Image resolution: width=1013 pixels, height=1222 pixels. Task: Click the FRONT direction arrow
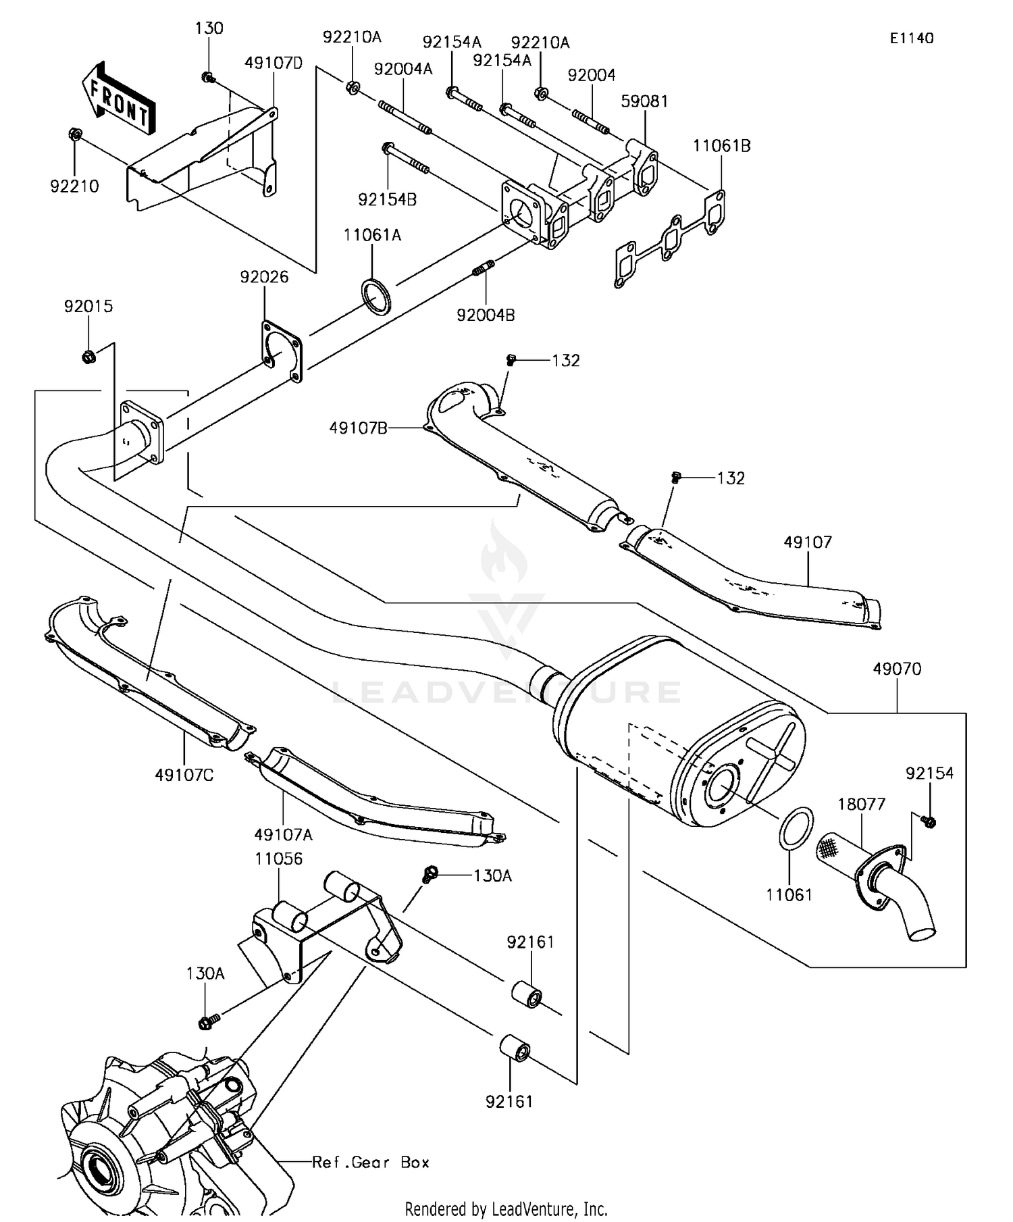pos(119,97)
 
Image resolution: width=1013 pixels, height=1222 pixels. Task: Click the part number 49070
pos(897,669)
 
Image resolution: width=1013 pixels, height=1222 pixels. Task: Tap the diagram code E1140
pos(911,39)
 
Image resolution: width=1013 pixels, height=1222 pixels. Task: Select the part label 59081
pos(644,101)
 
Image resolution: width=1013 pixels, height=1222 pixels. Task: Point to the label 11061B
pos(721,146)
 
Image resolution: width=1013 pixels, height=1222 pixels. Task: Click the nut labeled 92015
pos(88,355)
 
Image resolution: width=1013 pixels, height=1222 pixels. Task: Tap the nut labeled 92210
pos(76,134)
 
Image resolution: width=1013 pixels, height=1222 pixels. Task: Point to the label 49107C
pos(184,775)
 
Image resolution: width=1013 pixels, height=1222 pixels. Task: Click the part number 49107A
pos(284,835)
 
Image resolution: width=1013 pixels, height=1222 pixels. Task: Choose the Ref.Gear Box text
pos(371,1162)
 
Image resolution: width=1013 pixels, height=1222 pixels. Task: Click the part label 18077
pos(861,804)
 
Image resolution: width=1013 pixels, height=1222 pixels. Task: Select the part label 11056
pos(278,859)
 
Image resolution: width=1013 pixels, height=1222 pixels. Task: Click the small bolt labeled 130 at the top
pos(208,78)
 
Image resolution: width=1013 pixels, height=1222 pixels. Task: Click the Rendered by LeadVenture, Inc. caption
pos(506,1208)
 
